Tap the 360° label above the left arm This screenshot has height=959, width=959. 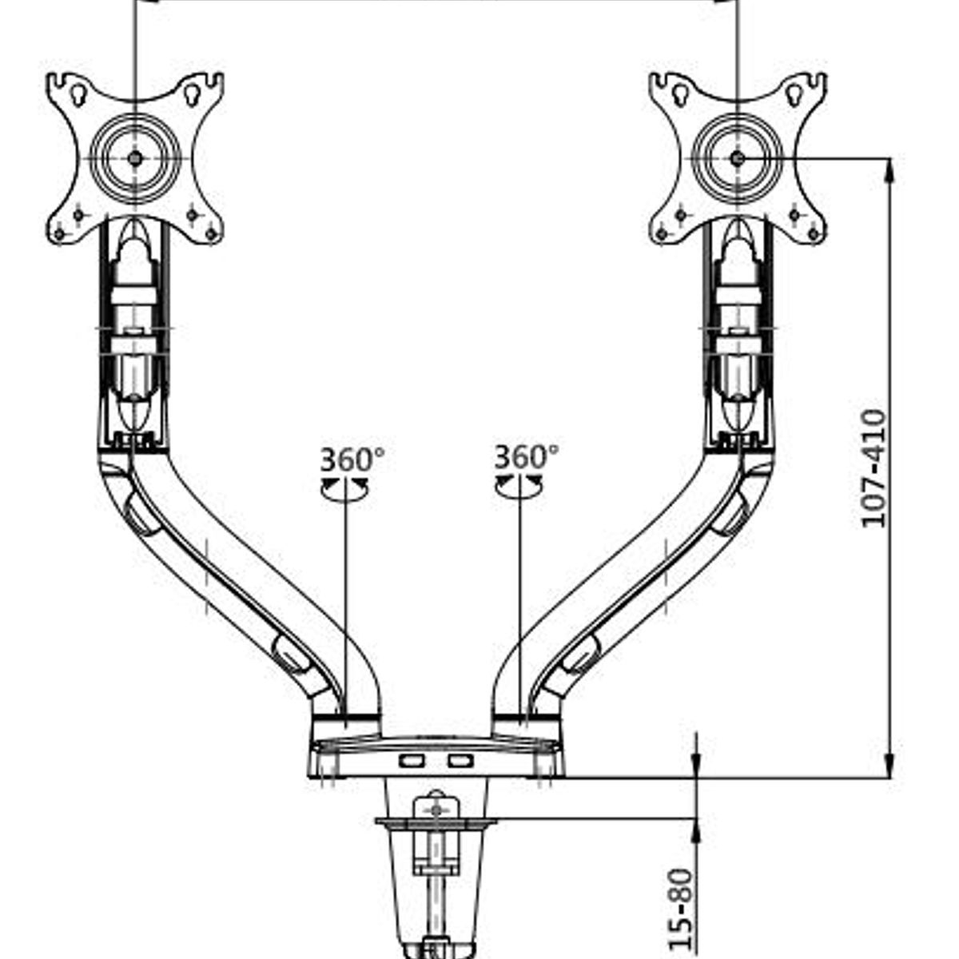352,459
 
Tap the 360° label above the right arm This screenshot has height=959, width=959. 527,456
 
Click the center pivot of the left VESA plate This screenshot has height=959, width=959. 134,159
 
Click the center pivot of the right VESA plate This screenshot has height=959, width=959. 738,159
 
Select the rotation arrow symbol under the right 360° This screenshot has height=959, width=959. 519,486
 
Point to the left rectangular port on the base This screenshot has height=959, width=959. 412,775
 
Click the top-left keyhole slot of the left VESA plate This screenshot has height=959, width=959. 78,95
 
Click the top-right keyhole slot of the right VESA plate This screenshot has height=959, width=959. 794,95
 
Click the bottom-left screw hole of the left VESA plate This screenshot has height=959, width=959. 59,233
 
